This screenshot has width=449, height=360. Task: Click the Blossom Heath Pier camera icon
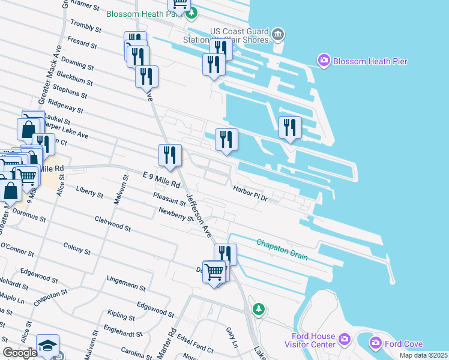click(x=324, y=60)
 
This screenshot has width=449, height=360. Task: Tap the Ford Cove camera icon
click(x=376, y=343)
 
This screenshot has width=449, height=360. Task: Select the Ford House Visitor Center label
click(x=313, y=340)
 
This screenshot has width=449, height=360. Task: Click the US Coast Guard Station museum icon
click(x=277, y=34)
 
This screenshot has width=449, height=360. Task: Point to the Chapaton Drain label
click(x=282, y=250)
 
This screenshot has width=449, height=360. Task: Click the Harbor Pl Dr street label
click(x=249, y=193)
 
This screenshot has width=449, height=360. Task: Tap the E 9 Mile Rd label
click(x=162, y=179)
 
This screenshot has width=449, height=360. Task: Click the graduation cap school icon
click(x=47, y=346)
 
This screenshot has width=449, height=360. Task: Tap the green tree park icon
click(x=259, y=310)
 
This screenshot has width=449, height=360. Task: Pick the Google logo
click(x=20, y=353)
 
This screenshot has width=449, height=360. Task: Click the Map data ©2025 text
click(x=423, y=355)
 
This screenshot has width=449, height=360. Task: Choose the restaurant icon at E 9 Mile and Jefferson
click(x=170, y=155)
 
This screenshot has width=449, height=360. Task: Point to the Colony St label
click(x=77, y=248)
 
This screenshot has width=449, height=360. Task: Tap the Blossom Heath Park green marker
click(x=192, y=14)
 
